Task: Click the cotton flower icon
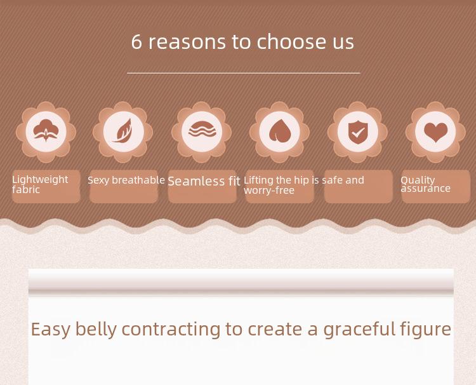tap(46, 131)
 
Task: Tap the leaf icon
tap(122, 131)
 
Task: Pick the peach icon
tap(280, 131)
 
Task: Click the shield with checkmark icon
tap(357, 132)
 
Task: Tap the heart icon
tap(435, 132)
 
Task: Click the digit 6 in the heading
tap(136, 42)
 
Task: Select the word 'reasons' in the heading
tap(187, 42)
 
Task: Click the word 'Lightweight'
tap(40, 180)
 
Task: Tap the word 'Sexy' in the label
tap(98, 180)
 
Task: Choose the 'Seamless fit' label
tap(204, 181)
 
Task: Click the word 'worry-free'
tap(269, 191)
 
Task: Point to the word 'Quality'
tap(418, 180)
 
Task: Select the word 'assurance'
tap(425, 189)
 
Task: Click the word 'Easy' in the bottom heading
tap(50, 329)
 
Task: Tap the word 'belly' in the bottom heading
tap(96, 329)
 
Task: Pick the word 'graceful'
tap(359, 329)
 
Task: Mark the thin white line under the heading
tap(244, 73)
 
